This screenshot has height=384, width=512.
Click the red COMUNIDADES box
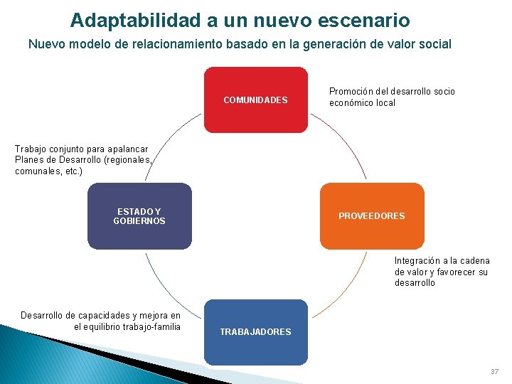click(256, 100)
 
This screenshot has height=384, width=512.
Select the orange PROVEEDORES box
click(371, 216)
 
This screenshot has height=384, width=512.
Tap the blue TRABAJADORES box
click(256, 332)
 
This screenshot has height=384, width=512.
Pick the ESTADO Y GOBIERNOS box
click(139, 216)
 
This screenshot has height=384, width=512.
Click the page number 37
click(494, 372)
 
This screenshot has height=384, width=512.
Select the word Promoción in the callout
click(353, 92)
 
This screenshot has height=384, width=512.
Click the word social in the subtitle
click(436, 44)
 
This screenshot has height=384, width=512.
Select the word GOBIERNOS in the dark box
click(139, 221)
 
